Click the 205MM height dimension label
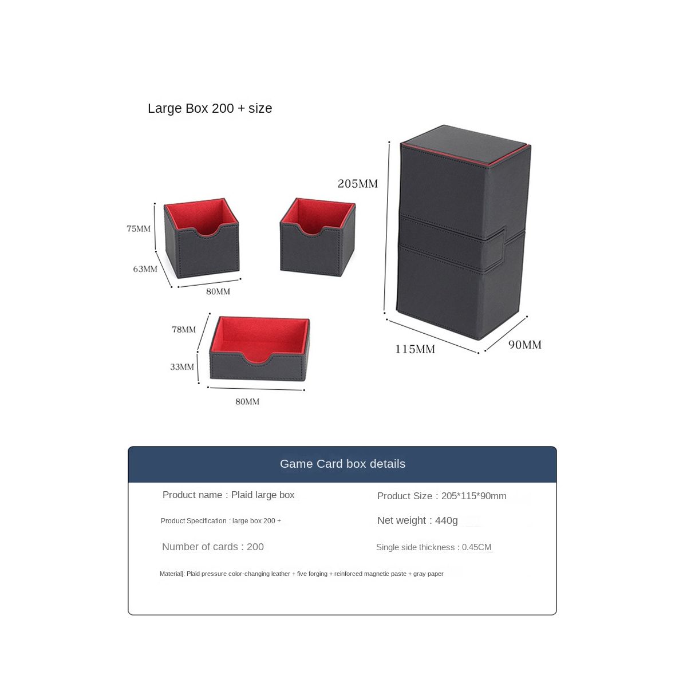pos(357,184)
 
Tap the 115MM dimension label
pos(414,349)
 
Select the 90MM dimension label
pos(524,345)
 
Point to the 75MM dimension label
pos(139,229)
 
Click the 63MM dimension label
pos(145,269)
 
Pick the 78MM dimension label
pos(184,330)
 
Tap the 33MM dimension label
pos(181,367)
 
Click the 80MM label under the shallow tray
pos(247,402)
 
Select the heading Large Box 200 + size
pos(210,108)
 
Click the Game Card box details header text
pos(342,464)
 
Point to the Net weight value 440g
pos(447,520)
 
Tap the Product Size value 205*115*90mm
pos(473,496)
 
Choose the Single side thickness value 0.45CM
pos(477,547)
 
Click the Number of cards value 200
pos(255,547)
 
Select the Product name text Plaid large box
pos(263,495)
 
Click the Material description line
pos(301,574)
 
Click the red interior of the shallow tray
pos(259,335)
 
